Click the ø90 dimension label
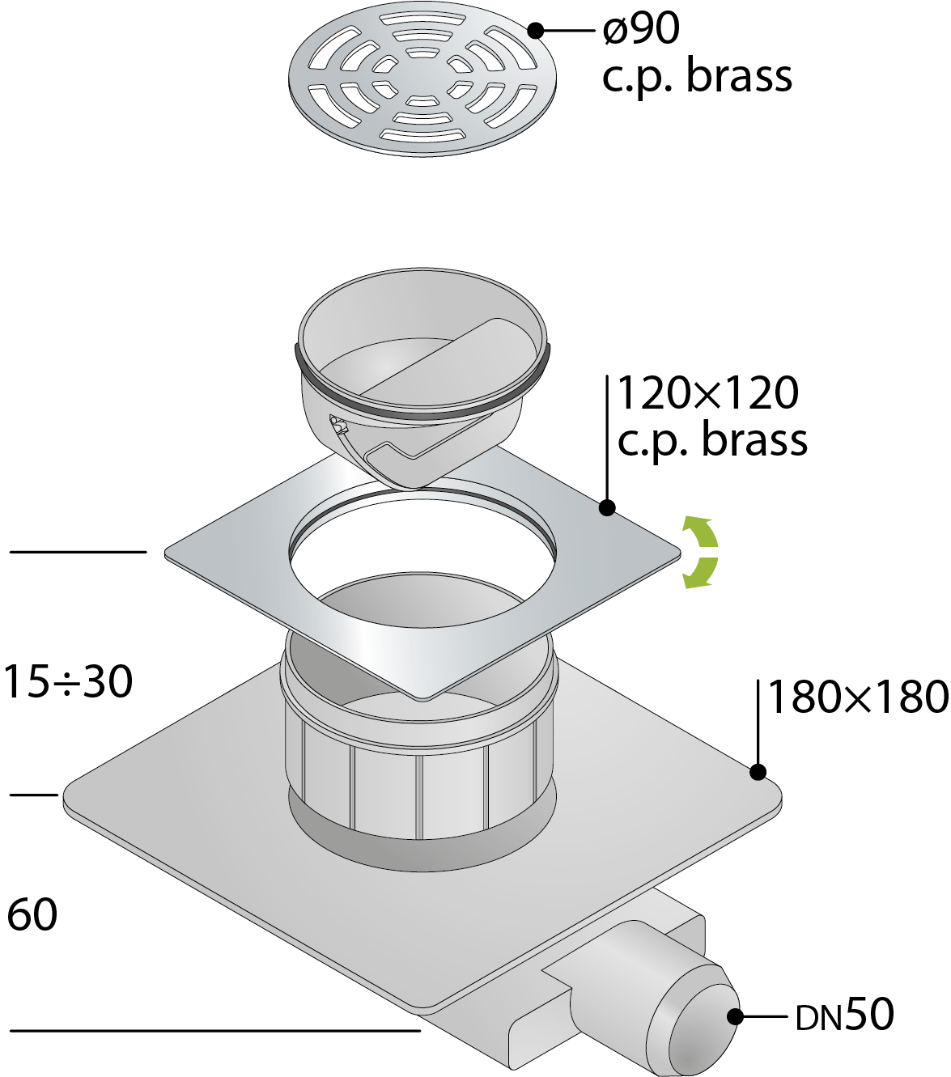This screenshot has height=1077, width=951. tap(641, 29)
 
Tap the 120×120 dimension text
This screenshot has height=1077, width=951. tap(707, 393)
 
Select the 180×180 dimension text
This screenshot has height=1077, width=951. tap(857, 698)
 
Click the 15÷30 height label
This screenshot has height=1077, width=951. tap(68, 681)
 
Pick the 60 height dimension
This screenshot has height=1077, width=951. tap(32, 915)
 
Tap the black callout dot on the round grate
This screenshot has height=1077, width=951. tap(536, 31)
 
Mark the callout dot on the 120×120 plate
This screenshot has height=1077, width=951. tap(607, 508)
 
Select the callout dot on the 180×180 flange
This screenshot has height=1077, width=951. tap(758, 772)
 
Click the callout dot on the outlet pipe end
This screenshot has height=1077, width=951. tap(735, 1016)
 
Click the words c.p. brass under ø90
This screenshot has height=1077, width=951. tap(697, 77)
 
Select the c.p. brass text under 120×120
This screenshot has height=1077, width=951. tap(712, 441)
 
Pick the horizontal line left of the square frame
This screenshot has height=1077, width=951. tap(78, 552)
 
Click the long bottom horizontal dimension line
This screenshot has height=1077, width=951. tap(214, 1031)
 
